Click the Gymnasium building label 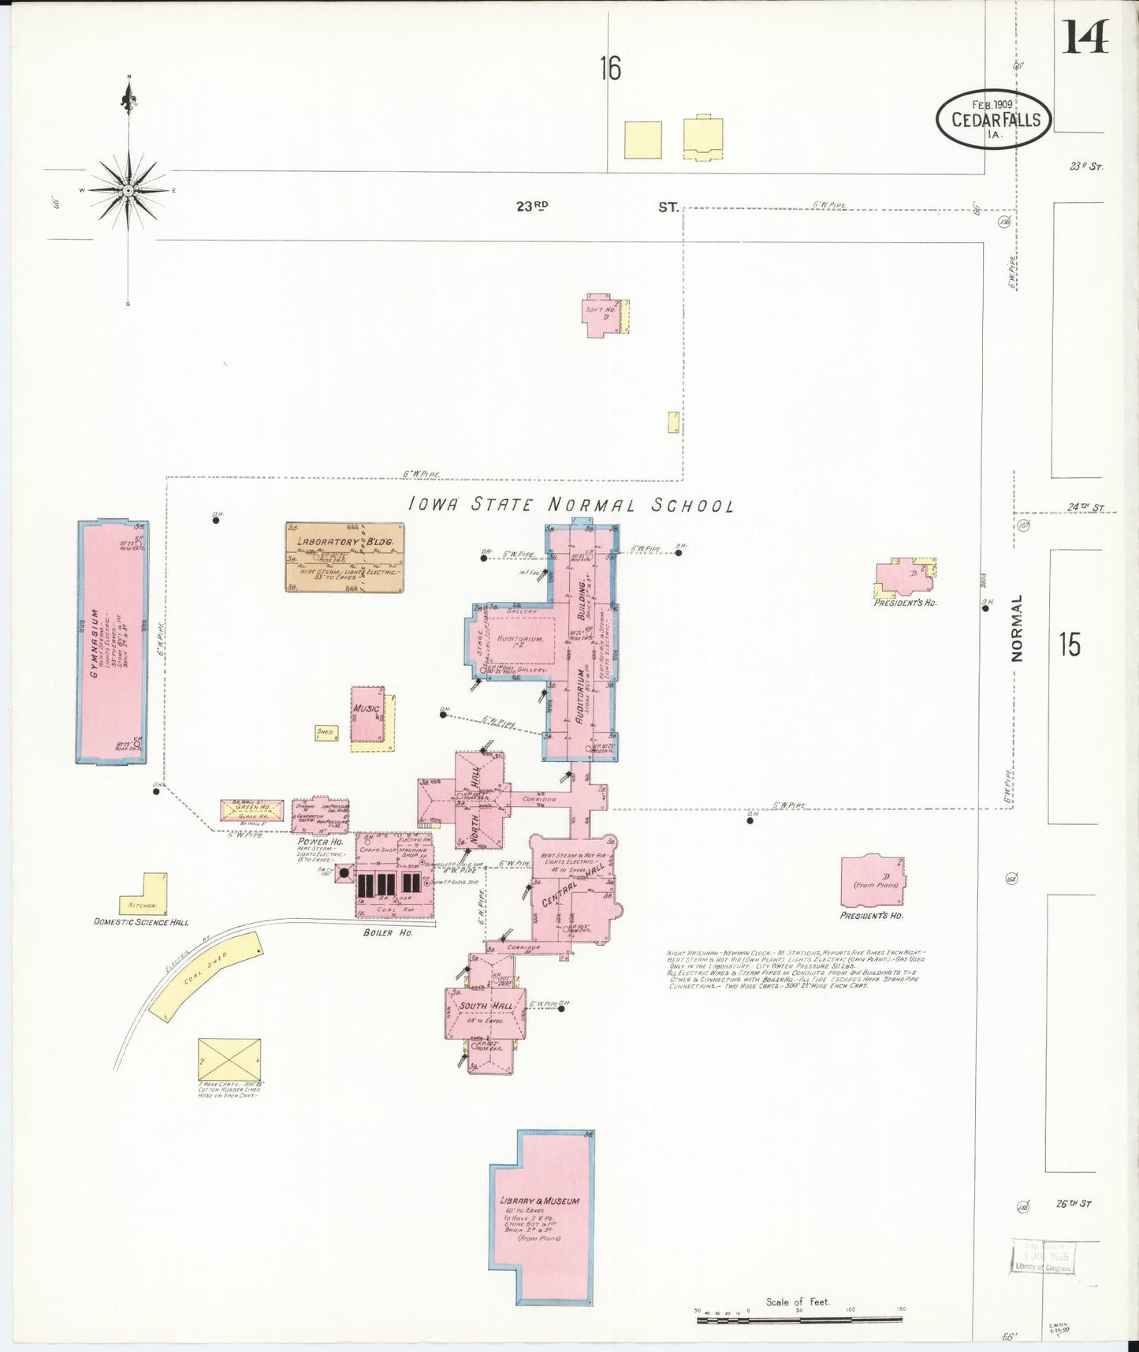tap(95, 643)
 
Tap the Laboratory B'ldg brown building tap(344, 557)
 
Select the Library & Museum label tap(540, 1201)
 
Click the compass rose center tap(128, 190)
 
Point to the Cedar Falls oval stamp tap(994, 119)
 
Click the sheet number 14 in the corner tap(1085, 37)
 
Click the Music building tap(367, 714)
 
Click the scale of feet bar tap(799, 1318)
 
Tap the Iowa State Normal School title tap(571, 505)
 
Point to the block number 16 tap(610, 69)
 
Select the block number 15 tap(1070, 644)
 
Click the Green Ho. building tap(251, 809)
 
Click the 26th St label tap(1074, 1204)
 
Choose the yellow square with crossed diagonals tap(229, 1059)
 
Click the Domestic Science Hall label tap(141, 921)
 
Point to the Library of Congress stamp tap(1043, 1256)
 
